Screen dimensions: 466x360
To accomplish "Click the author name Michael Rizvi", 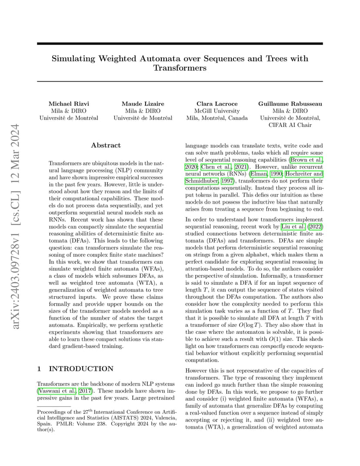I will click(69, 104).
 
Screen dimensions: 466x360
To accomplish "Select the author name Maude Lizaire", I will click(143, 104).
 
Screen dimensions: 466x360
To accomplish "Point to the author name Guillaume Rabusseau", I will click(290, 104).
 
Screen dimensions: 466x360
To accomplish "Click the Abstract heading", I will click(106, 145).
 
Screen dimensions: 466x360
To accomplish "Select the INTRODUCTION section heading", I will click(81, 369).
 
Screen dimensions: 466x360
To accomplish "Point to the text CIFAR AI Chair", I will click(290, 125).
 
